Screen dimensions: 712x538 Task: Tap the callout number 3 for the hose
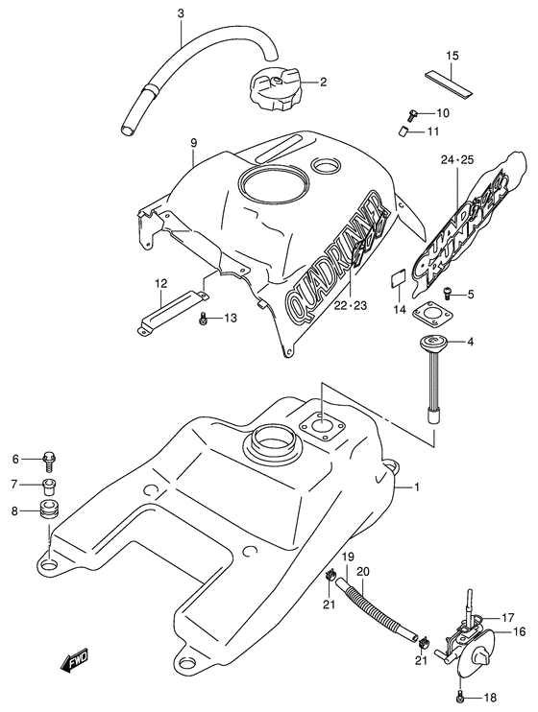[181, 13]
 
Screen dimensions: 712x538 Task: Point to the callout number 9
[193, 143]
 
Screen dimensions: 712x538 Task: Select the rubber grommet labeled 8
[48, 508]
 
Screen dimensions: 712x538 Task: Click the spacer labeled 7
[49, 483]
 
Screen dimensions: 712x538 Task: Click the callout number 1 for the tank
[418, 487]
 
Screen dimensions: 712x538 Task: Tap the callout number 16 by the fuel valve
[517, 631]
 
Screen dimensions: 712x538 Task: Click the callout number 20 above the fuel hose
[363, 573]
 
